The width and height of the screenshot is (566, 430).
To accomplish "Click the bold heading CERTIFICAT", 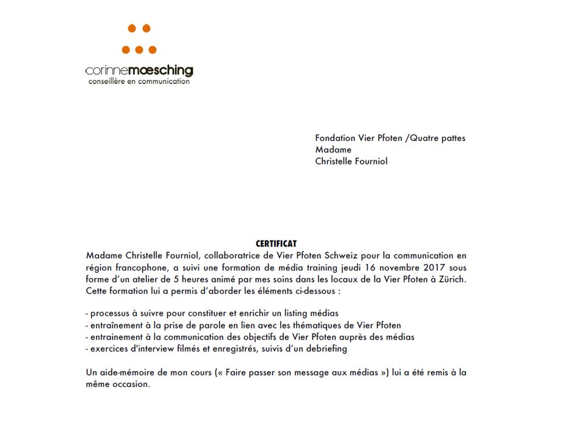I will (276, 244).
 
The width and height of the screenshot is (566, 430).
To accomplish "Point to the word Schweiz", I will (345, 256).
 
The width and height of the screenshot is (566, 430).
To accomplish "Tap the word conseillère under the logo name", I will (107, 81).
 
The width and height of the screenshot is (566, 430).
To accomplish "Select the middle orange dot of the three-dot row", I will (139, 50).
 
